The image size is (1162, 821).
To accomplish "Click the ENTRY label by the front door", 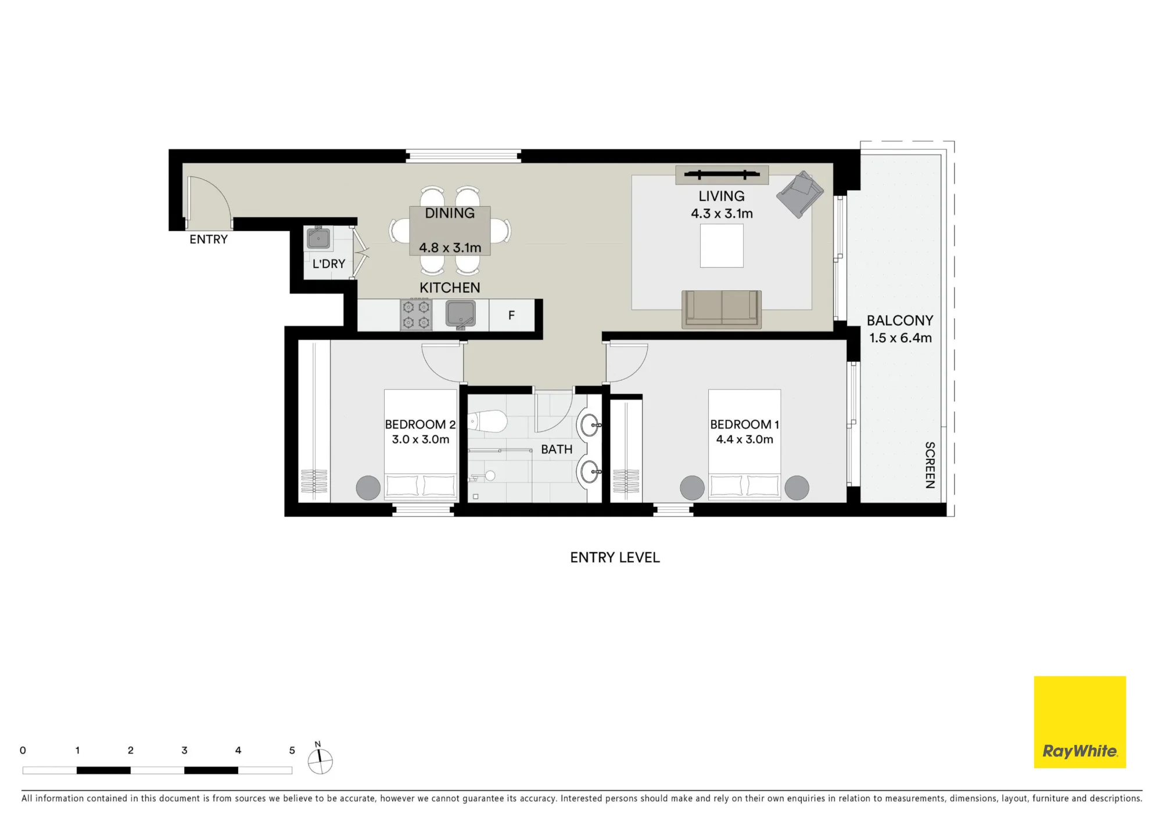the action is click(x=209, y=239).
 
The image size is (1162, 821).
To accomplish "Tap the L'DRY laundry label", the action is click(x=329, y=264).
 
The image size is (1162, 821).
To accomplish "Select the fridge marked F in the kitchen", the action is click(x=511, y=315).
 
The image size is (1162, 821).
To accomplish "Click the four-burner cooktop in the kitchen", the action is click(x=416, y=315).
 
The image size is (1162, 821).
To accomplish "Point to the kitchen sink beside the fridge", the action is click(x=461, y=314).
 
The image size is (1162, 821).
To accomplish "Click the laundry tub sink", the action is click(x=318, y=238).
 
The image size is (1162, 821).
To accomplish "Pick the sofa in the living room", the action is click(x=722, y=309).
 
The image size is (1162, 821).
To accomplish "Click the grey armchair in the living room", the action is click(x=800, y=194).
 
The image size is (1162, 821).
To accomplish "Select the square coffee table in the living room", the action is click(x=722, y=246).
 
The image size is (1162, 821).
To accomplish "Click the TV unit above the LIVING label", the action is click(x=722, y=175).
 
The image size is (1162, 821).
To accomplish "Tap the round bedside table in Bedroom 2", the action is click(x=368, y=488).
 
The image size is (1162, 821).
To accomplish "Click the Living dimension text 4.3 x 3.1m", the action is click(x=722, y=214).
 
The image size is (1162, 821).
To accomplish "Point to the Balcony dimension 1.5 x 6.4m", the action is click(x=901, y=338).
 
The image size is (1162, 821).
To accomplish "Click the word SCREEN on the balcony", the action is click(x=930, y=465).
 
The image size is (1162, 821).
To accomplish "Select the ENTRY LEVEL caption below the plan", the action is click(x=615, y=557).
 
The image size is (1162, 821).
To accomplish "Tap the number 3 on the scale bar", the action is click(x=184, y=750).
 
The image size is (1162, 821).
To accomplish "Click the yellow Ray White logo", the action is click(x=1080, y=722).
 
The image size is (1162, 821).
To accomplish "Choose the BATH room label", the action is click(x=557, y=449).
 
